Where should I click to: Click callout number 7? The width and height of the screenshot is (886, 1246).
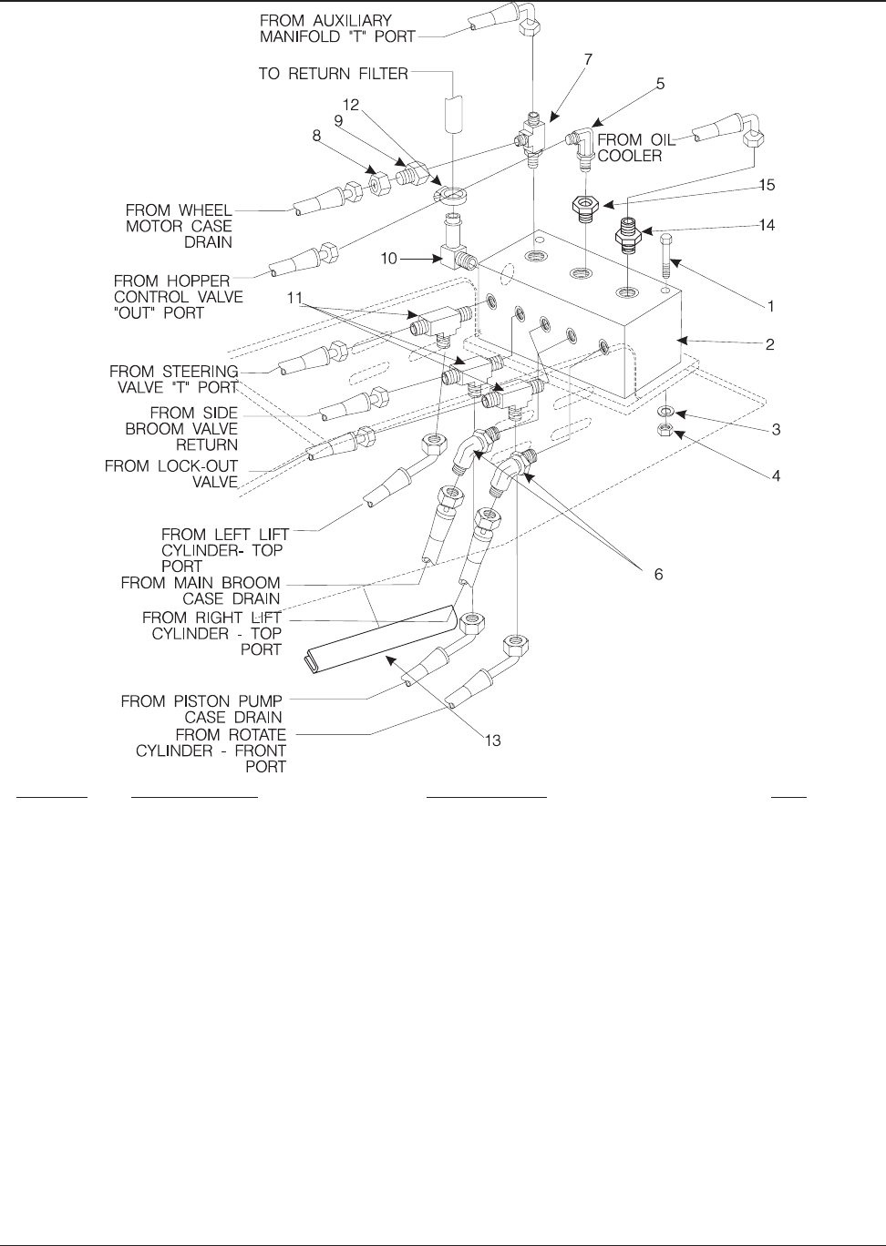[x=588, y=59]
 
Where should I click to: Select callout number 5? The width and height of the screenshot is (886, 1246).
[x=660, y=84]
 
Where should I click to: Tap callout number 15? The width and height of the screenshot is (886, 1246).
[x=767, y=185]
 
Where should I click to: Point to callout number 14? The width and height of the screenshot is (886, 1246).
[x=767, y=224]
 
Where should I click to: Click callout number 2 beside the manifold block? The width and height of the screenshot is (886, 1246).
[x=770, y=345]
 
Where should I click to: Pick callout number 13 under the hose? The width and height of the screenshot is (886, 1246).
[x=492, y=741]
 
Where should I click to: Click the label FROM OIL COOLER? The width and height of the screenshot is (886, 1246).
[x=632, y=148]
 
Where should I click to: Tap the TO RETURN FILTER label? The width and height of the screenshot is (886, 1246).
[x=333, y=73]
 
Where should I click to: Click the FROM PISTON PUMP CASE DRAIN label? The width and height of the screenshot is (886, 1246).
[x=201, y=710]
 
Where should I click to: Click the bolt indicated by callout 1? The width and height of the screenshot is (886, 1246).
[x=665, y=250]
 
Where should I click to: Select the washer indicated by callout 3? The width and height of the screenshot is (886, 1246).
[x=665, y=412]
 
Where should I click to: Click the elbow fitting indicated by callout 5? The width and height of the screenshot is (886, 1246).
[x=580, y=142]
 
